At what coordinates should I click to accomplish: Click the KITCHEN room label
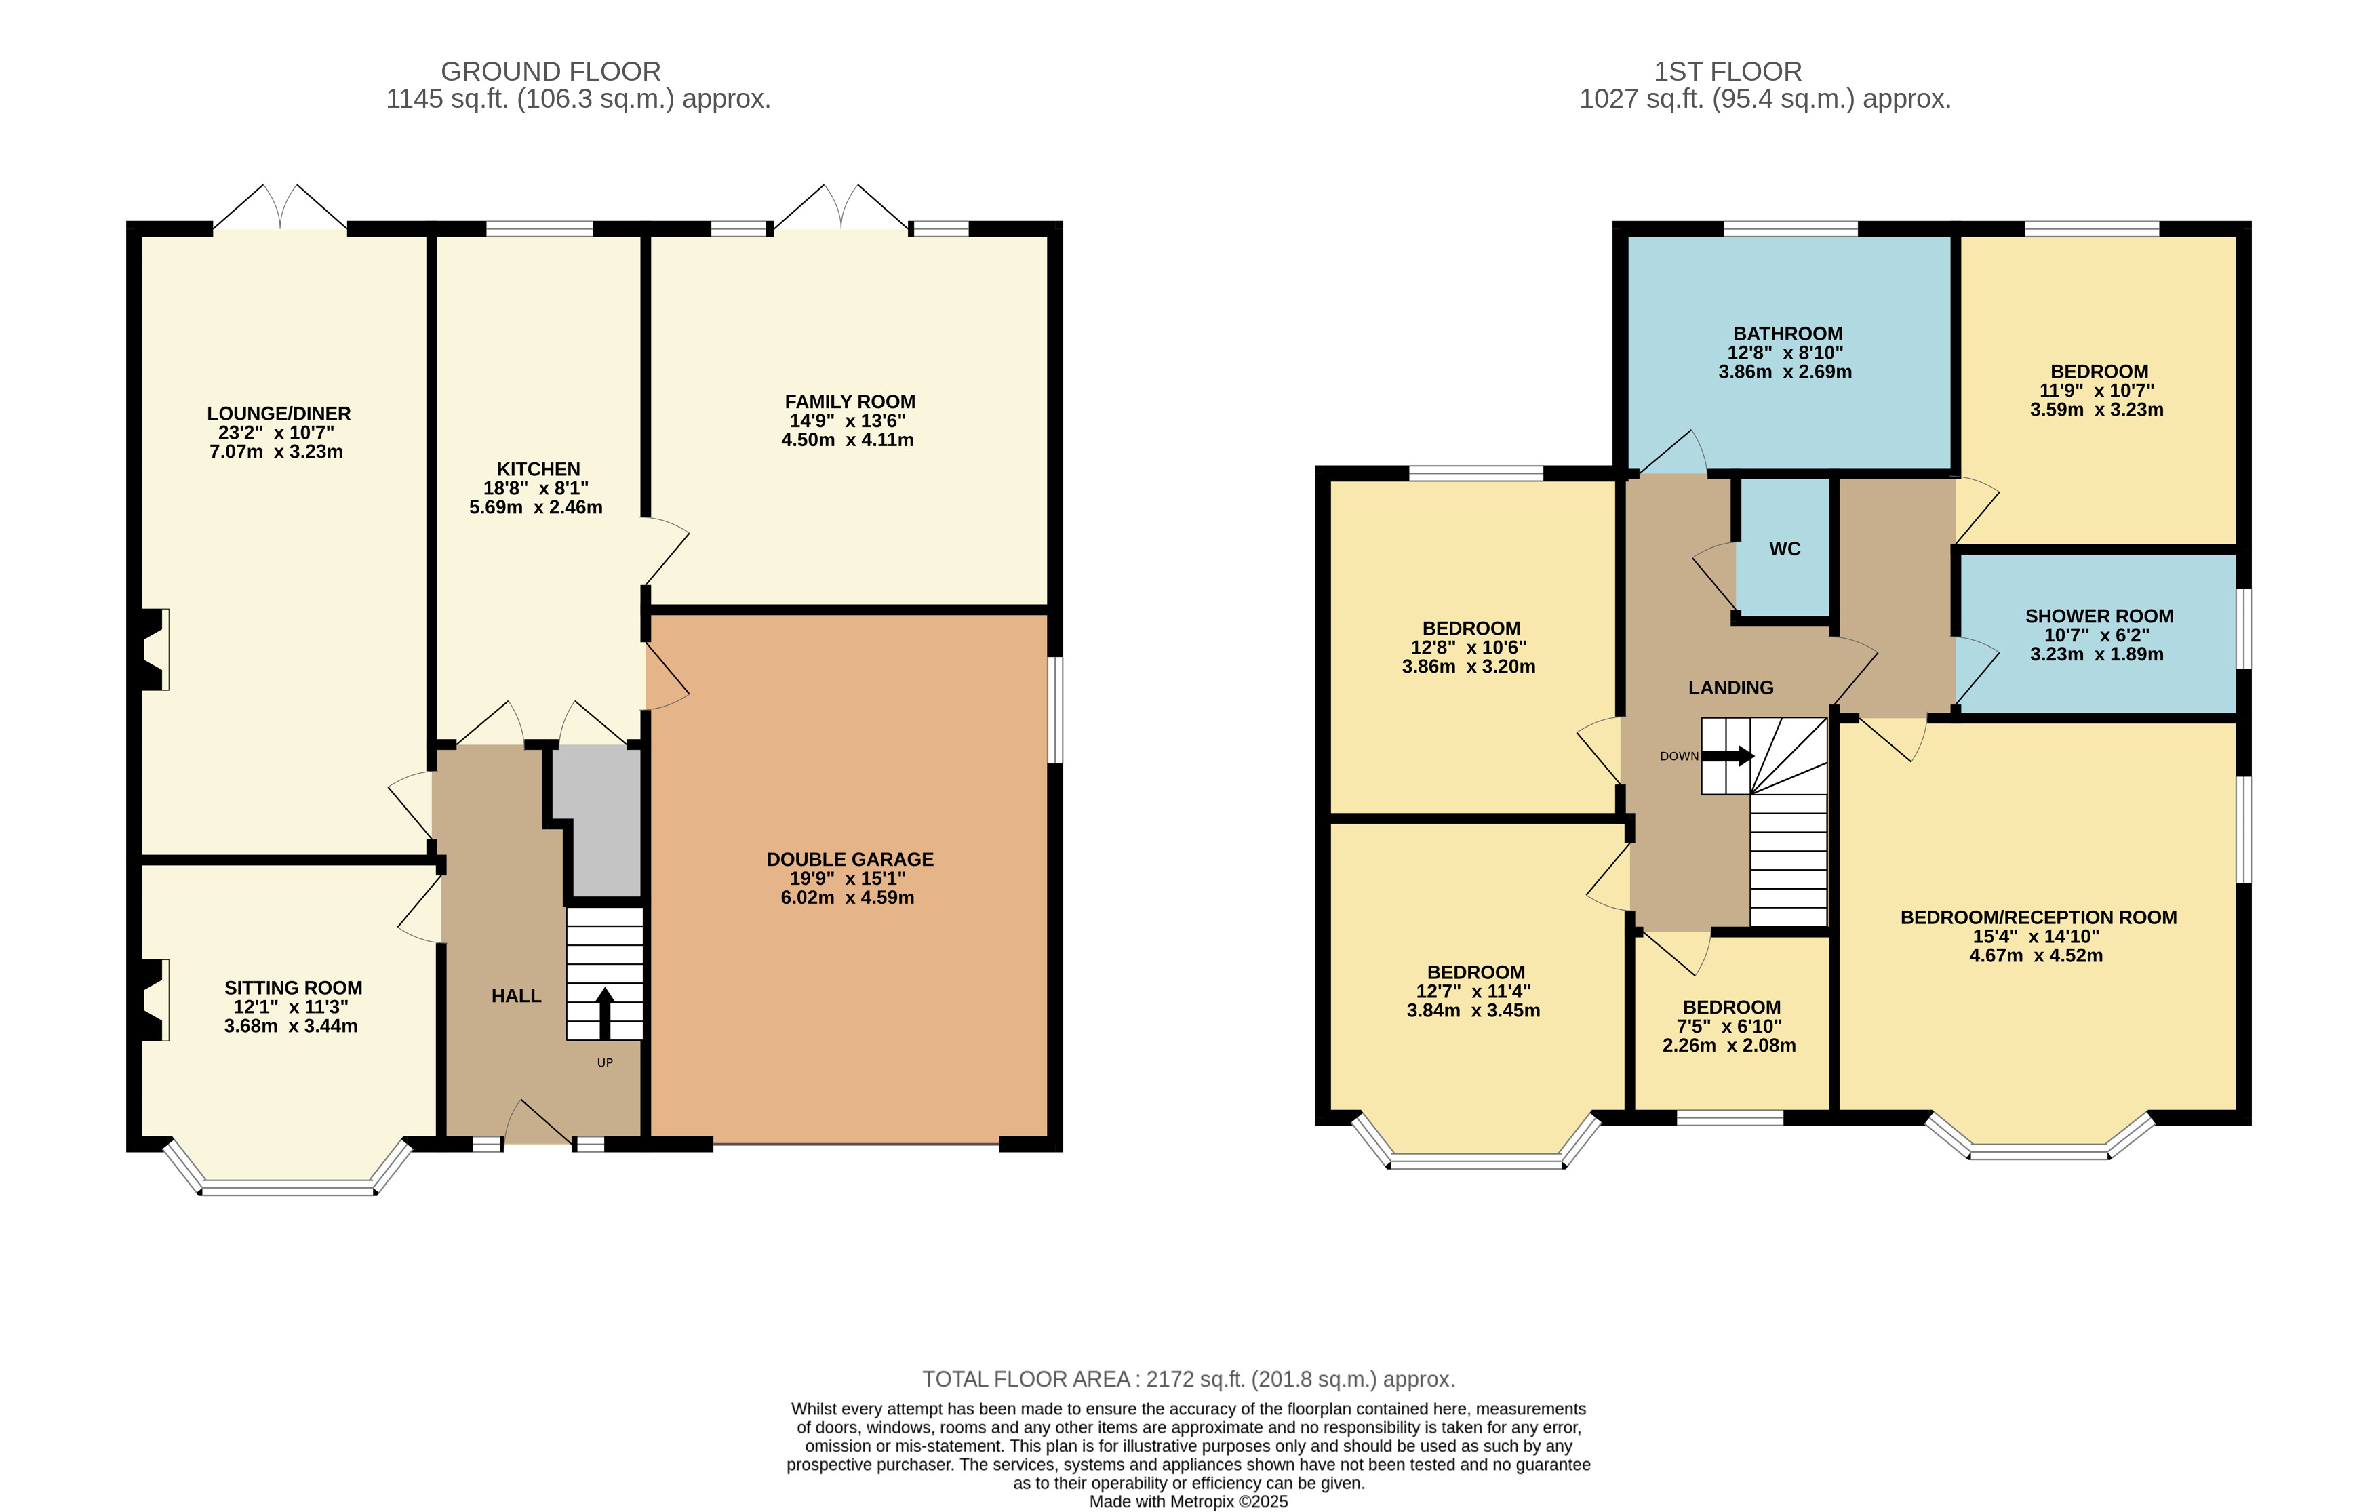538,469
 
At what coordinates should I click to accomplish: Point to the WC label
1785,549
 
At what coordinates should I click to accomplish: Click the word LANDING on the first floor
1731,688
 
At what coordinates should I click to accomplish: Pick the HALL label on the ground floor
517,995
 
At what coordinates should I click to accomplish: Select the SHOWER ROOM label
2099,616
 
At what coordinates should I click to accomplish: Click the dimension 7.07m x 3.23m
277,452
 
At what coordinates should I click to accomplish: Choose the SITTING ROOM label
294,988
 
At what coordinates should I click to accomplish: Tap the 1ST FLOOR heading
1728,71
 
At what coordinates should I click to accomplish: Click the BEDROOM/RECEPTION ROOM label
2039,917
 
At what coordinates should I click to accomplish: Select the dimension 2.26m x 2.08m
1729,1045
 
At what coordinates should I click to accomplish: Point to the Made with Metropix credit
1189,1501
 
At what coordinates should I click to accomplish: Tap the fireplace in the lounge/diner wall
153,649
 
